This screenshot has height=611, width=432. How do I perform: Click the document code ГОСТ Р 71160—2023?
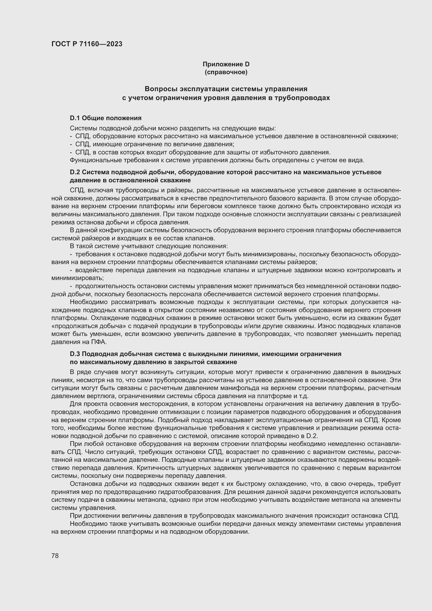87,44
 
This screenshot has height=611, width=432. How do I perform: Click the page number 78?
55,556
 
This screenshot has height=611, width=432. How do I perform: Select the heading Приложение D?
226,64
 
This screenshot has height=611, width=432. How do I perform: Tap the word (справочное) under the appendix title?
226,72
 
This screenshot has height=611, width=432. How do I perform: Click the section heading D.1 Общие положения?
106,118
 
